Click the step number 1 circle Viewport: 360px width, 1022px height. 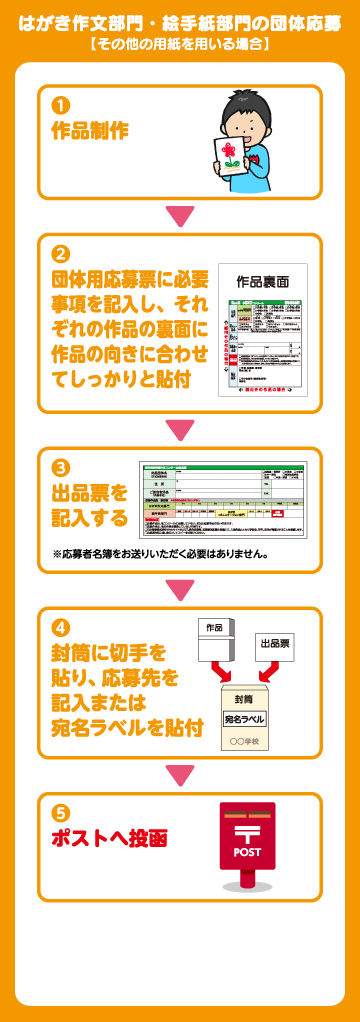coord(61,105)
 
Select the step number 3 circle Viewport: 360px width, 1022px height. coord(61,468)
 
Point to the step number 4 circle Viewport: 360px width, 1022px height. coord(61,629)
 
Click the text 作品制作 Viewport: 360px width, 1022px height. coord(90,129)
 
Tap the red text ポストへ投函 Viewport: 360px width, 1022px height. coord(109,838)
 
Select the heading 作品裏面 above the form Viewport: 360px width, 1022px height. coord(263,283)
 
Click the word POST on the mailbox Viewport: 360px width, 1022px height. coord(247,852)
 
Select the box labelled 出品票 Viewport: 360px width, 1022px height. coord(275,644)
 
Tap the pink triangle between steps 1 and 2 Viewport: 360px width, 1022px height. coord(180,216)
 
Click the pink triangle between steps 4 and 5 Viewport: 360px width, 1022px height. coord(180,775)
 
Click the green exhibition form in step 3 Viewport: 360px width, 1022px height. coord(222,499)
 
